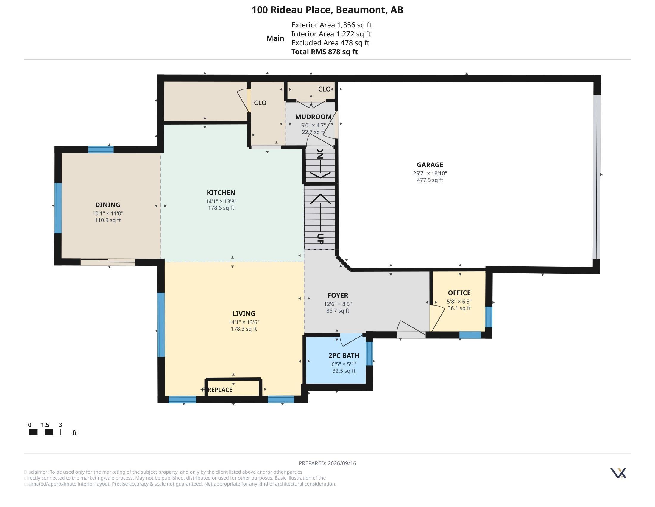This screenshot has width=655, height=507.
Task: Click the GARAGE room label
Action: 430,165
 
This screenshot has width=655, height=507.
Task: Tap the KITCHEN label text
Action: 221,193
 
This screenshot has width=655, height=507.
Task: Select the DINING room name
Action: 108,205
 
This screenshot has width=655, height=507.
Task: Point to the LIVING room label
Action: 244,313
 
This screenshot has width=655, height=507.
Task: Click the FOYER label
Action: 338,296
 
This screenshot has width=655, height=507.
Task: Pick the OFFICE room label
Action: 459,293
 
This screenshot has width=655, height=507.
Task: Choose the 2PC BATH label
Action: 344,355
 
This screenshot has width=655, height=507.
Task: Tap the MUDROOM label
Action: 314,117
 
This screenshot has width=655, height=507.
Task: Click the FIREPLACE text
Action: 217,390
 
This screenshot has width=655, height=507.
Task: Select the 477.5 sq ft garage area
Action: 430,180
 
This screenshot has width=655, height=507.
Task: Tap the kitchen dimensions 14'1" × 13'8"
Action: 221,201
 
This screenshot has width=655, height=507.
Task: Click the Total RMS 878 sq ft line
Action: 325,52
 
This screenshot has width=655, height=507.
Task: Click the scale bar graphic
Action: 45,432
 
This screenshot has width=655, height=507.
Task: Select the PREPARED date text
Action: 327,463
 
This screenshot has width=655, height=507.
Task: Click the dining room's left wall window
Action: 58,208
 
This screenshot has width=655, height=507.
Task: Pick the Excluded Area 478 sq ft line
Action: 330,43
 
